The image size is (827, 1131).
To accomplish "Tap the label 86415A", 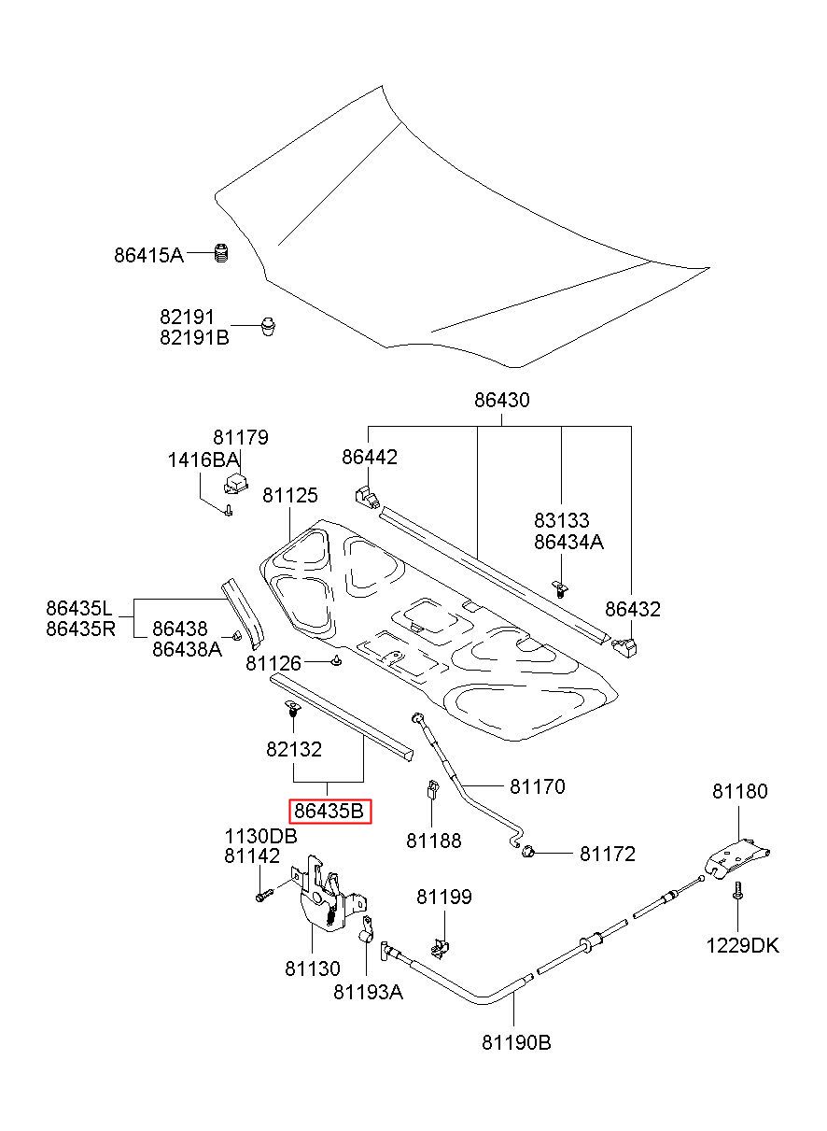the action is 148,255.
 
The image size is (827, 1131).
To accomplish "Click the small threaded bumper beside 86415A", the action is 220,252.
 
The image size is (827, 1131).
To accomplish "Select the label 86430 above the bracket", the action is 501,400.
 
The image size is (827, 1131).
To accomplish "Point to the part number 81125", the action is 289,495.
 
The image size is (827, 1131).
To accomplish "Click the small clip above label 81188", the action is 432,789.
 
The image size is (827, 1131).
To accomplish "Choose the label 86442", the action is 370,457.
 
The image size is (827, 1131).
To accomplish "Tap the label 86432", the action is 633,609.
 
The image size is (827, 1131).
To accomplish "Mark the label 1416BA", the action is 203,460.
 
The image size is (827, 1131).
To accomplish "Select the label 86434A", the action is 568,542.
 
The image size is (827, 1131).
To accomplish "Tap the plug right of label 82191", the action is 269,326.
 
